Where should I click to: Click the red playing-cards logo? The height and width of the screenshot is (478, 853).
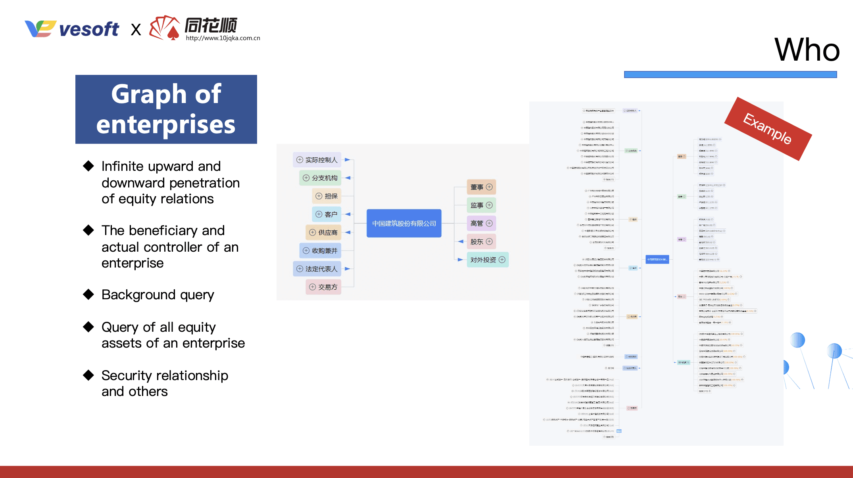pos(164,28)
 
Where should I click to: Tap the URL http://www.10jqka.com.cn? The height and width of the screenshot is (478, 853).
pos(223,38)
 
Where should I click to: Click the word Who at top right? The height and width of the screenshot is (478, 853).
pos(807,50)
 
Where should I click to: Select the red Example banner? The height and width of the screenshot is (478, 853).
pos(768,129)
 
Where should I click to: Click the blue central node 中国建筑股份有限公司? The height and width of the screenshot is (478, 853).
pos(404,224)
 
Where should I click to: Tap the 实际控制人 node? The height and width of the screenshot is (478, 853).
pos(317,160)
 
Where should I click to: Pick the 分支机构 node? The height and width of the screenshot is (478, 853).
pos(320,178)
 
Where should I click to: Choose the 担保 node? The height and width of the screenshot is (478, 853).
pos(327,196)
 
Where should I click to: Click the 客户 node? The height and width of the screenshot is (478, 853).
pos(327,214)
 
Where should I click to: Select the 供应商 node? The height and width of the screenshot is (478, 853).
pos(323,232)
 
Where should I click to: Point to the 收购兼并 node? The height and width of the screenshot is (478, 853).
pos(320,250)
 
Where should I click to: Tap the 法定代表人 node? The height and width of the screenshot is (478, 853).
pos(317,269)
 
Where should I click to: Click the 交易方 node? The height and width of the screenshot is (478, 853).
pos(323,287)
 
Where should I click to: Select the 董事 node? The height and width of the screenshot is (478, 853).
pos(481,187)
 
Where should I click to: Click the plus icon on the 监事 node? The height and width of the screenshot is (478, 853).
pos(489,205)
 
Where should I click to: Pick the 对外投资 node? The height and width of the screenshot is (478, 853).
pos(487,260)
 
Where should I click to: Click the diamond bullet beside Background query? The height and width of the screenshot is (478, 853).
pos(88,294)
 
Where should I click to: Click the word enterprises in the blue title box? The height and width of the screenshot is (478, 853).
pos(166,124)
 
